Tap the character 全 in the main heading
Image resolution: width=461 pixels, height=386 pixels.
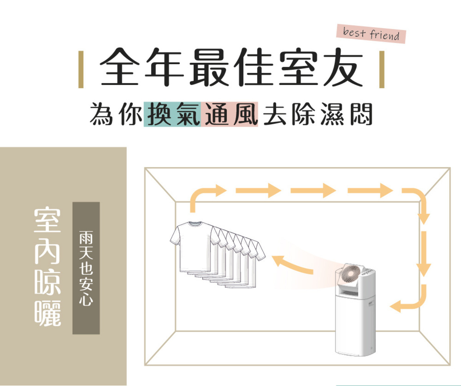pos(119,67)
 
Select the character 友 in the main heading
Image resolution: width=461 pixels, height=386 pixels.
pos(343,67)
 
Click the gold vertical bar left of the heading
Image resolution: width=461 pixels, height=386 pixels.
pos(81,69)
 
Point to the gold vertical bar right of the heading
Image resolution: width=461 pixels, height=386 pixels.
pos(382,69)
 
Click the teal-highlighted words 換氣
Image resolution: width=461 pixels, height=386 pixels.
pos(172,114)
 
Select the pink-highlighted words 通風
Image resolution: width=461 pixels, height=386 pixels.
pos(229,114)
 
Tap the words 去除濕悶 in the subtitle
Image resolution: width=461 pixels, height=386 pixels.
pos(317,114)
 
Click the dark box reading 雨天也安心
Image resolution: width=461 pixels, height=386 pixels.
pos(86,268)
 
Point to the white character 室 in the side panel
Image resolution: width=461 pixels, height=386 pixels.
pos(47,220)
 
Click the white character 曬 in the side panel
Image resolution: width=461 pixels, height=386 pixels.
pos(47,313)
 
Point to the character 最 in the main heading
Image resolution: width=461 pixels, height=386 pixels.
pos(209,67)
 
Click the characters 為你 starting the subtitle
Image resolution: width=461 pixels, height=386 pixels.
pos(116,114)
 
